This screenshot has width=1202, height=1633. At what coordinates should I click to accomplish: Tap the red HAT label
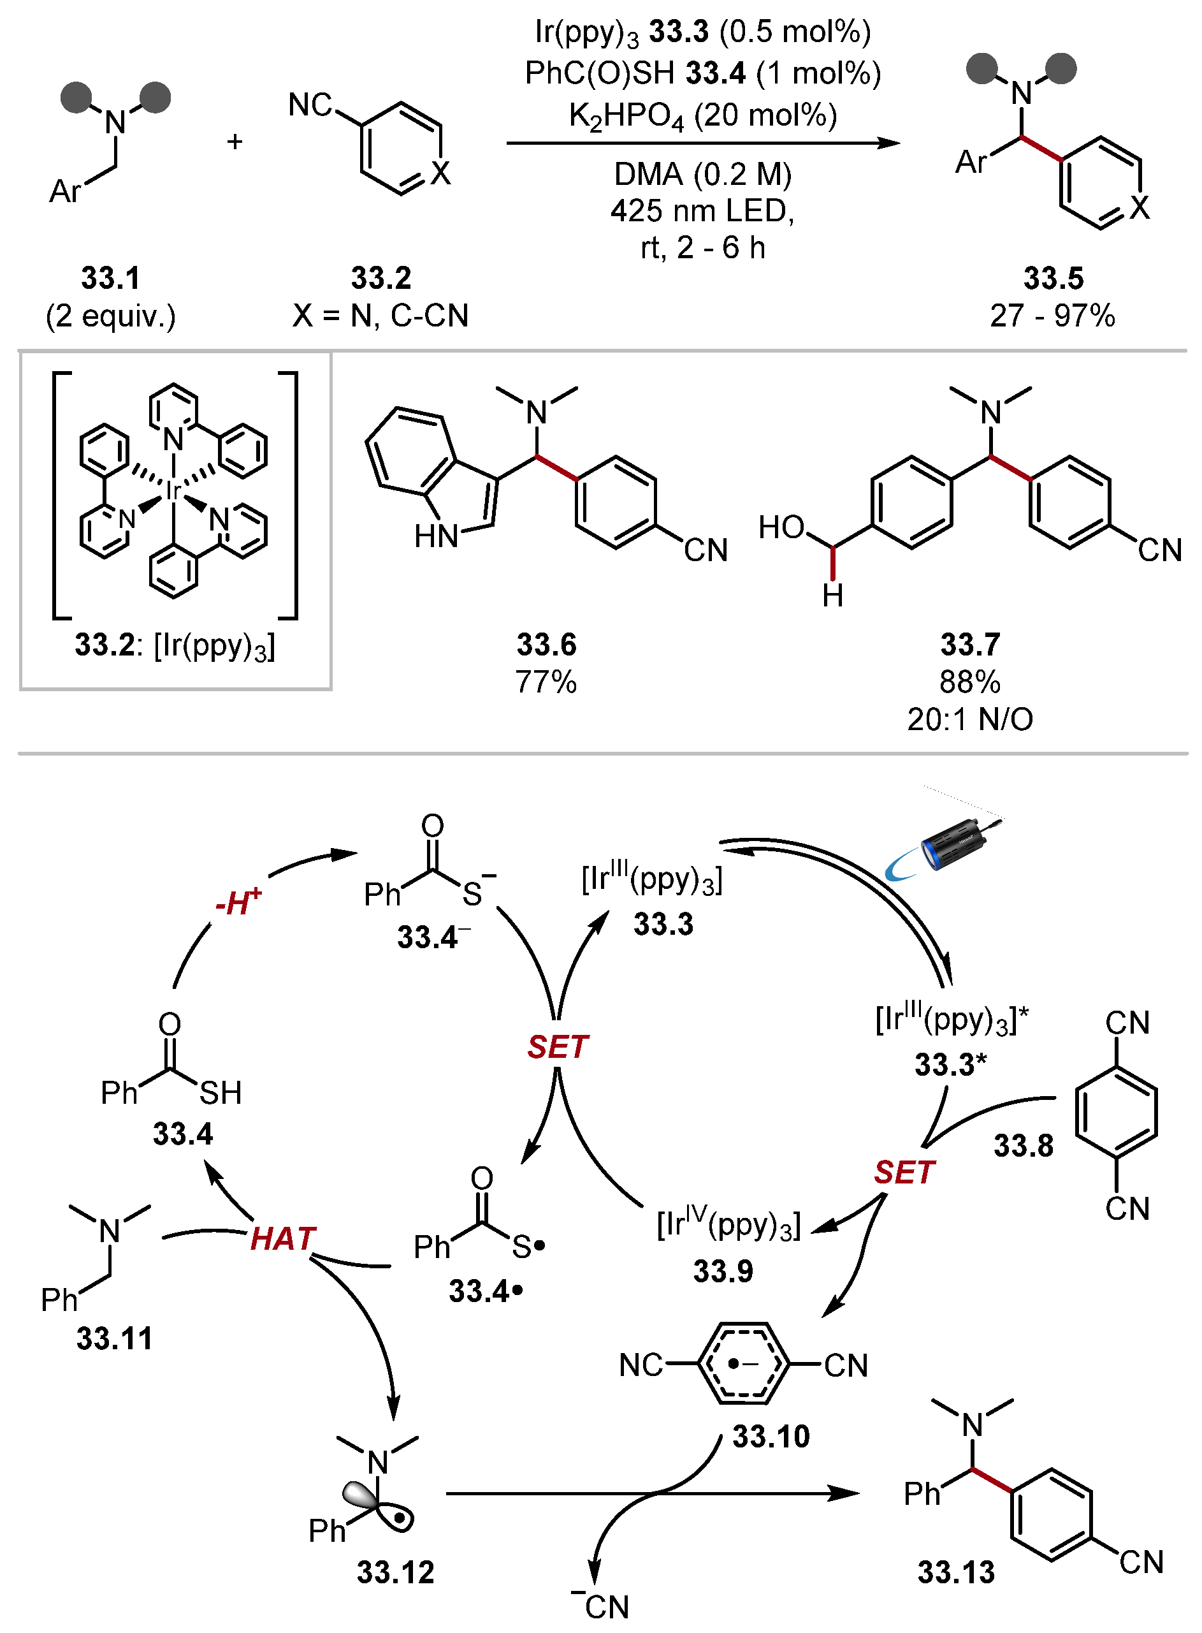click(283, 1239)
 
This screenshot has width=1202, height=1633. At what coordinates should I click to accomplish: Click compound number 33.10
click(771, 1437)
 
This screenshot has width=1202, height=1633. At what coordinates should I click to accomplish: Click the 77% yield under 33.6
click(546, 682)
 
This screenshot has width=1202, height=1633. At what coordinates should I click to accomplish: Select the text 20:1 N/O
click(970, 719)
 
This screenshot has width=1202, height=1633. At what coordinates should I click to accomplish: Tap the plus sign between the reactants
click(235, 142)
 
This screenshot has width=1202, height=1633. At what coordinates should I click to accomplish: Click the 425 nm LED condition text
click(702, 210)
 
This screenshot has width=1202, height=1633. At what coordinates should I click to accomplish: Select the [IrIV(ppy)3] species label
click(728, 1226)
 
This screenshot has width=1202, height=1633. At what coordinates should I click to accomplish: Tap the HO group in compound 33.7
click(781, 527)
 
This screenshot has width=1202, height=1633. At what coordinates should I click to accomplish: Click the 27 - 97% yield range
click(1052, 315)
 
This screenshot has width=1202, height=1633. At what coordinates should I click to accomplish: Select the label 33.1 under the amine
click(110, 278)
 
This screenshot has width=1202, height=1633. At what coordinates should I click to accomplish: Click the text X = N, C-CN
click(380, 315)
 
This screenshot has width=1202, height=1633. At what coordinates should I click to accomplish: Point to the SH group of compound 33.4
click(221, 1093)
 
